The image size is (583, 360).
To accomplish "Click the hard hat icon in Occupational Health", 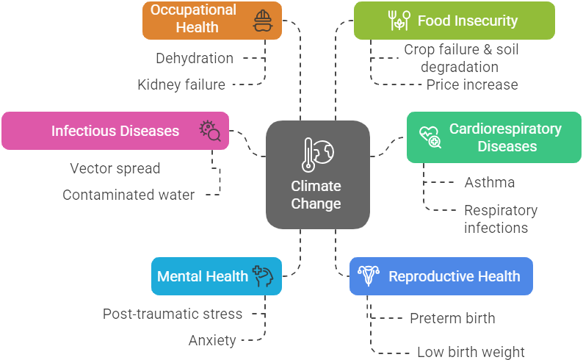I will (262, 21).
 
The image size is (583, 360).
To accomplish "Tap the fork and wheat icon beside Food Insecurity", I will (398, 21).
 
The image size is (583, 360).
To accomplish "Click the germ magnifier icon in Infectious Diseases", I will (210, 131).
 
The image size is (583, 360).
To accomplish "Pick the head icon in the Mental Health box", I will (263, 276).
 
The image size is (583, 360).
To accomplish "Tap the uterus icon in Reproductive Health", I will (369, 276).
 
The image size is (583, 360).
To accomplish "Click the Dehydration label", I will (195, 58).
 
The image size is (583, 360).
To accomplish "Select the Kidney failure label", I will (181, 84).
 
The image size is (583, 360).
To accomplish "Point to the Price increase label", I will (472, 84).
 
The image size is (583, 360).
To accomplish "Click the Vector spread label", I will (115, 168).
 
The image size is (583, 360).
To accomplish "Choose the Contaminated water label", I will (128, 195).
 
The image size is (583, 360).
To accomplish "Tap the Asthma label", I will (490, 182).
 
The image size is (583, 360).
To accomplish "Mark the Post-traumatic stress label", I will (173, 314).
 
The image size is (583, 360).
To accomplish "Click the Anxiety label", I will (212, 340).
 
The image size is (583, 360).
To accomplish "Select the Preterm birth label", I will (452, 318).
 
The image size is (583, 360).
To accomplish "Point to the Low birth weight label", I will (471, 352).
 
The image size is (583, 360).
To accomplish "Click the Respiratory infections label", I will (501, 219).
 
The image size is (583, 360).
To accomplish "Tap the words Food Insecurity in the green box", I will (468, 21).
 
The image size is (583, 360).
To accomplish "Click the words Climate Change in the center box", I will (316, 195).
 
